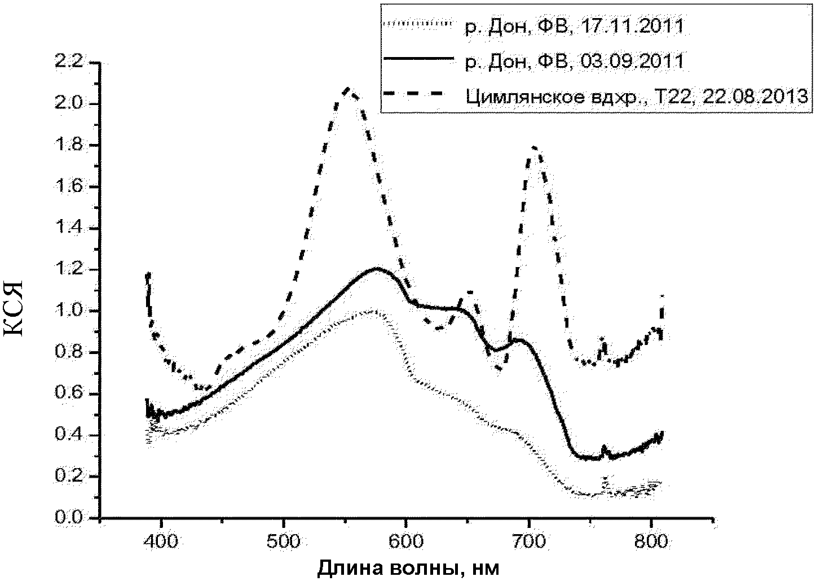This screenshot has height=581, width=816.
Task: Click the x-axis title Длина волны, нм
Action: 409,567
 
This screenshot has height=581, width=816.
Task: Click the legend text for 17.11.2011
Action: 574,27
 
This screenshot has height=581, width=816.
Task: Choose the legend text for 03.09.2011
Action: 574,60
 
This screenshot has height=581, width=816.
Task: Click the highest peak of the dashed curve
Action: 347,89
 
